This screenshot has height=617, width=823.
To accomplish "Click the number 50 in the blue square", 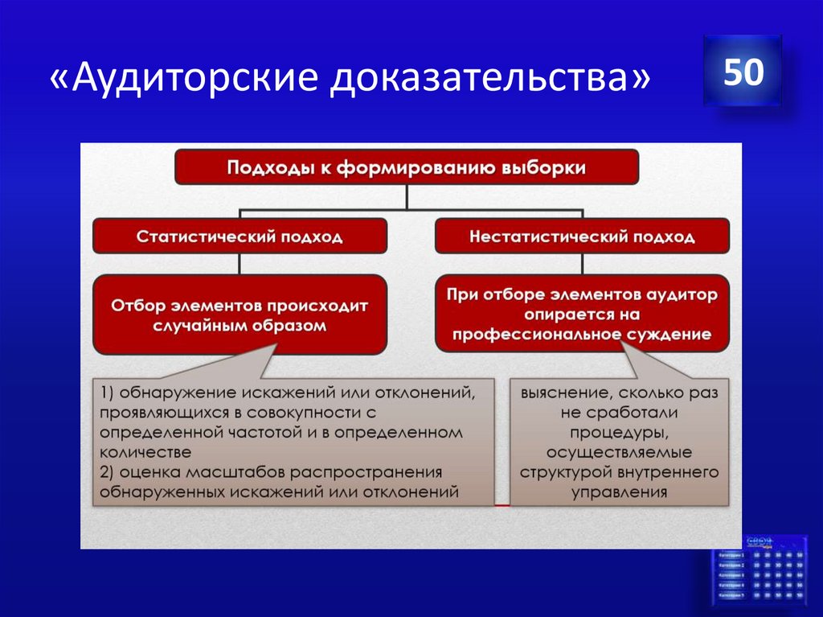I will pyautogui.click(x=742, y=72).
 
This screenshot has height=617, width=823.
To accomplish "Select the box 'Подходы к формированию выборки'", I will pyautogui.click(x=407, y=167).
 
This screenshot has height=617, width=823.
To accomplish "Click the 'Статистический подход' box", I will pyautogui.click(x=240, y=237).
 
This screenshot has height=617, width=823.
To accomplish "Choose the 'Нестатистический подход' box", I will pyautogui.click(x=583, y=237).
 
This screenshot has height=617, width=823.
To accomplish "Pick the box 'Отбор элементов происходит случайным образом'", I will pyautogui.click(x=240, y=315).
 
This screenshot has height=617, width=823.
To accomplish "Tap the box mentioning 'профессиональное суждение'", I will pyautogui.click(x=583, y=315).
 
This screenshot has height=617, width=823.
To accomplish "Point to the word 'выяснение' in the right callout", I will pyautogui.click(x=561, y=393).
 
